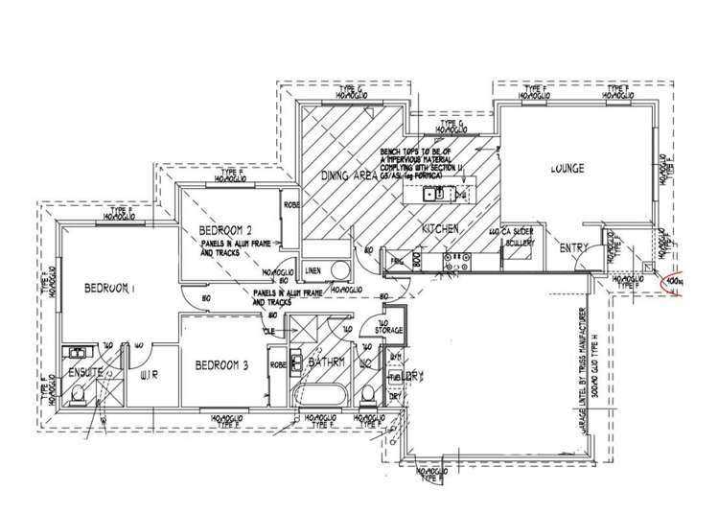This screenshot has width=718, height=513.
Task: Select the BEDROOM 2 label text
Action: (x=225, y=230)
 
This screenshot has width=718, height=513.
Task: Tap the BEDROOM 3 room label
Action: (x=221, y=364)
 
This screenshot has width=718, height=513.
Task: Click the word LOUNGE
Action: (x=567, y=169)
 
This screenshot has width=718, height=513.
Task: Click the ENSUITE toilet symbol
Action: (x=76, y=395)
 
